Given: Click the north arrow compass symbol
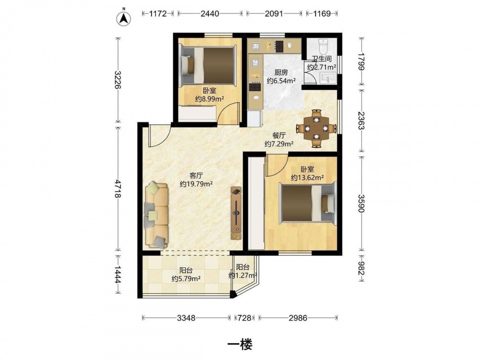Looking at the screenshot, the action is click(x=124, y=18).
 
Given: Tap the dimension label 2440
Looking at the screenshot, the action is click(x=210, y=13).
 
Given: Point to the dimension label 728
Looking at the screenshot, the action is click(x=245, y=318).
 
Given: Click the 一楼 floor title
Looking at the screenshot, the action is click(x=240, y=345).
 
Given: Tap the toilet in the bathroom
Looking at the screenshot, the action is click(x=323, y=46).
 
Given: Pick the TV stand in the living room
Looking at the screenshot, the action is click(x=236, y=213).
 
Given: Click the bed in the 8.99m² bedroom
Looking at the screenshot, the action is click(x=208, y=65).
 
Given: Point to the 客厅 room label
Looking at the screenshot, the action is click(x=196, y=175).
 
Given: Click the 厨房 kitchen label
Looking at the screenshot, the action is click(x=281, y=72).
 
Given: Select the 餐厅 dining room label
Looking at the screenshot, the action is click(x=279, y=135).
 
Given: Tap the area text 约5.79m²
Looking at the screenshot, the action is click(x=186, y=278).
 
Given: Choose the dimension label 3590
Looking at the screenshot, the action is click(x=362, y=204).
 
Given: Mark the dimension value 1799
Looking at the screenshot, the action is click(x=362, y=61).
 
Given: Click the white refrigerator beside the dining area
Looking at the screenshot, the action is click(x=255, y=119).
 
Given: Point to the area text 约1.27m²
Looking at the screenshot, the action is click(x=243, y=275).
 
